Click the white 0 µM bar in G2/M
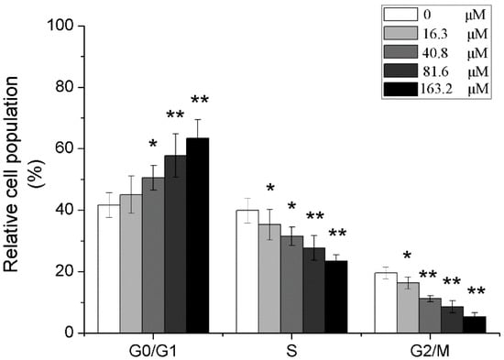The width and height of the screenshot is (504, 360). pyautogui.click(x=385, y=303)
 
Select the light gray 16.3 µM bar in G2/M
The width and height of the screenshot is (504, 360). pyautogui.click(x=407, y=308)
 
